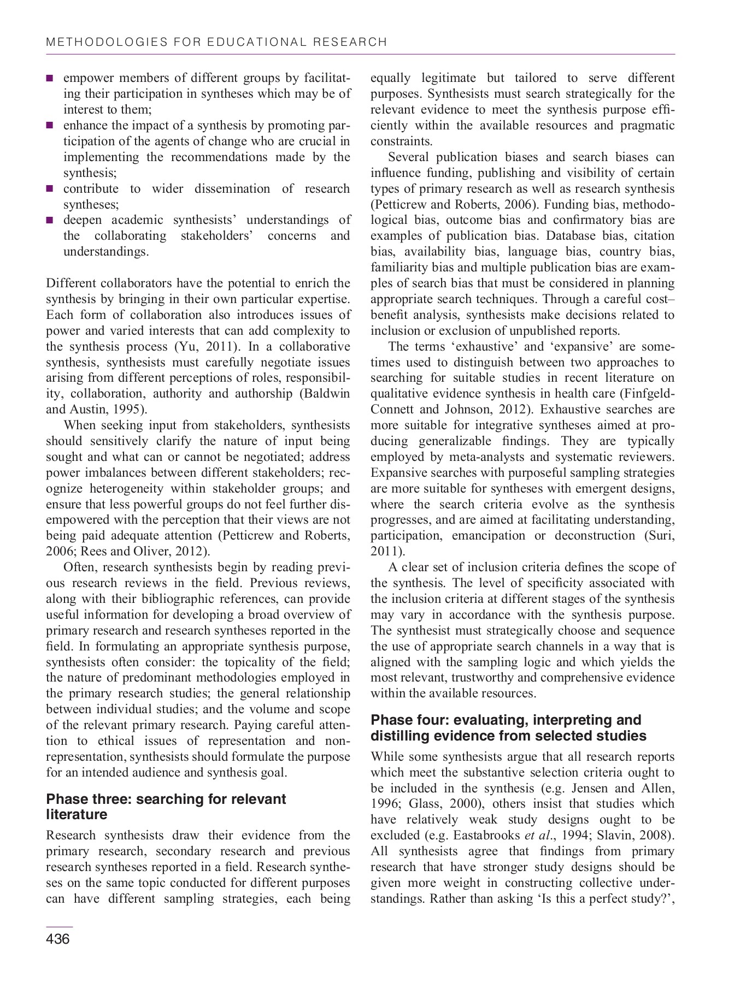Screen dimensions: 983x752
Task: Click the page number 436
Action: [x=58, y=939]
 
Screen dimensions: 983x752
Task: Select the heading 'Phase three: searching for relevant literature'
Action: [x=166, y=807]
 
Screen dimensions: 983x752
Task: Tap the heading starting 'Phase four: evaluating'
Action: [x=508, y=727]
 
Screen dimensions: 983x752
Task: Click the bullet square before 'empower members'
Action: [x=50, y=78]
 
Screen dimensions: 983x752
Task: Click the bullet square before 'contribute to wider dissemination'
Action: [x=50, y=189]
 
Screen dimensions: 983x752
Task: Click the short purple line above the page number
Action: [x=59, y=927]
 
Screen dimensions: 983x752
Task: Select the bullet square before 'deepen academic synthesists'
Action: [x=50, y=221]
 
